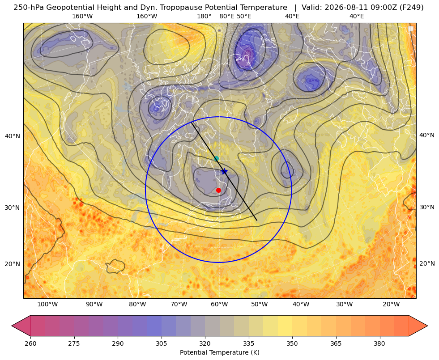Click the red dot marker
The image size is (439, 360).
click(219, 191)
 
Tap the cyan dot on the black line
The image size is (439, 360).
click(217, 159)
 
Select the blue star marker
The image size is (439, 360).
click(224, 171)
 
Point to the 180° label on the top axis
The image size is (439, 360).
click(205, 16)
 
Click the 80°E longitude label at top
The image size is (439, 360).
click(227, 16)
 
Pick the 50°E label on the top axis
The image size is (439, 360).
click(244, 16)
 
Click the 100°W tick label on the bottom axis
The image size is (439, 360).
click(47, 305)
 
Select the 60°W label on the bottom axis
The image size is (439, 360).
click(219, 305)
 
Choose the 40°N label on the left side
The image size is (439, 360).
click(13, 136)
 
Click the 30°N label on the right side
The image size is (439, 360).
click(427, 207)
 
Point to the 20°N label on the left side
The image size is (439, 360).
click(13, 264)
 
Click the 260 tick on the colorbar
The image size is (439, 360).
click(30, 343)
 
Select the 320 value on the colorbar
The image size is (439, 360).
click(205, 343)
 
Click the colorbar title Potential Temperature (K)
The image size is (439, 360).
click(219, 352)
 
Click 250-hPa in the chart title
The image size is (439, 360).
click(29, 8)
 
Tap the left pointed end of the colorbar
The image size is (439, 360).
click(12, 326)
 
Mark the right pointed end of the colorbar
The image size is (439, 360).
click(427, 326)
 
